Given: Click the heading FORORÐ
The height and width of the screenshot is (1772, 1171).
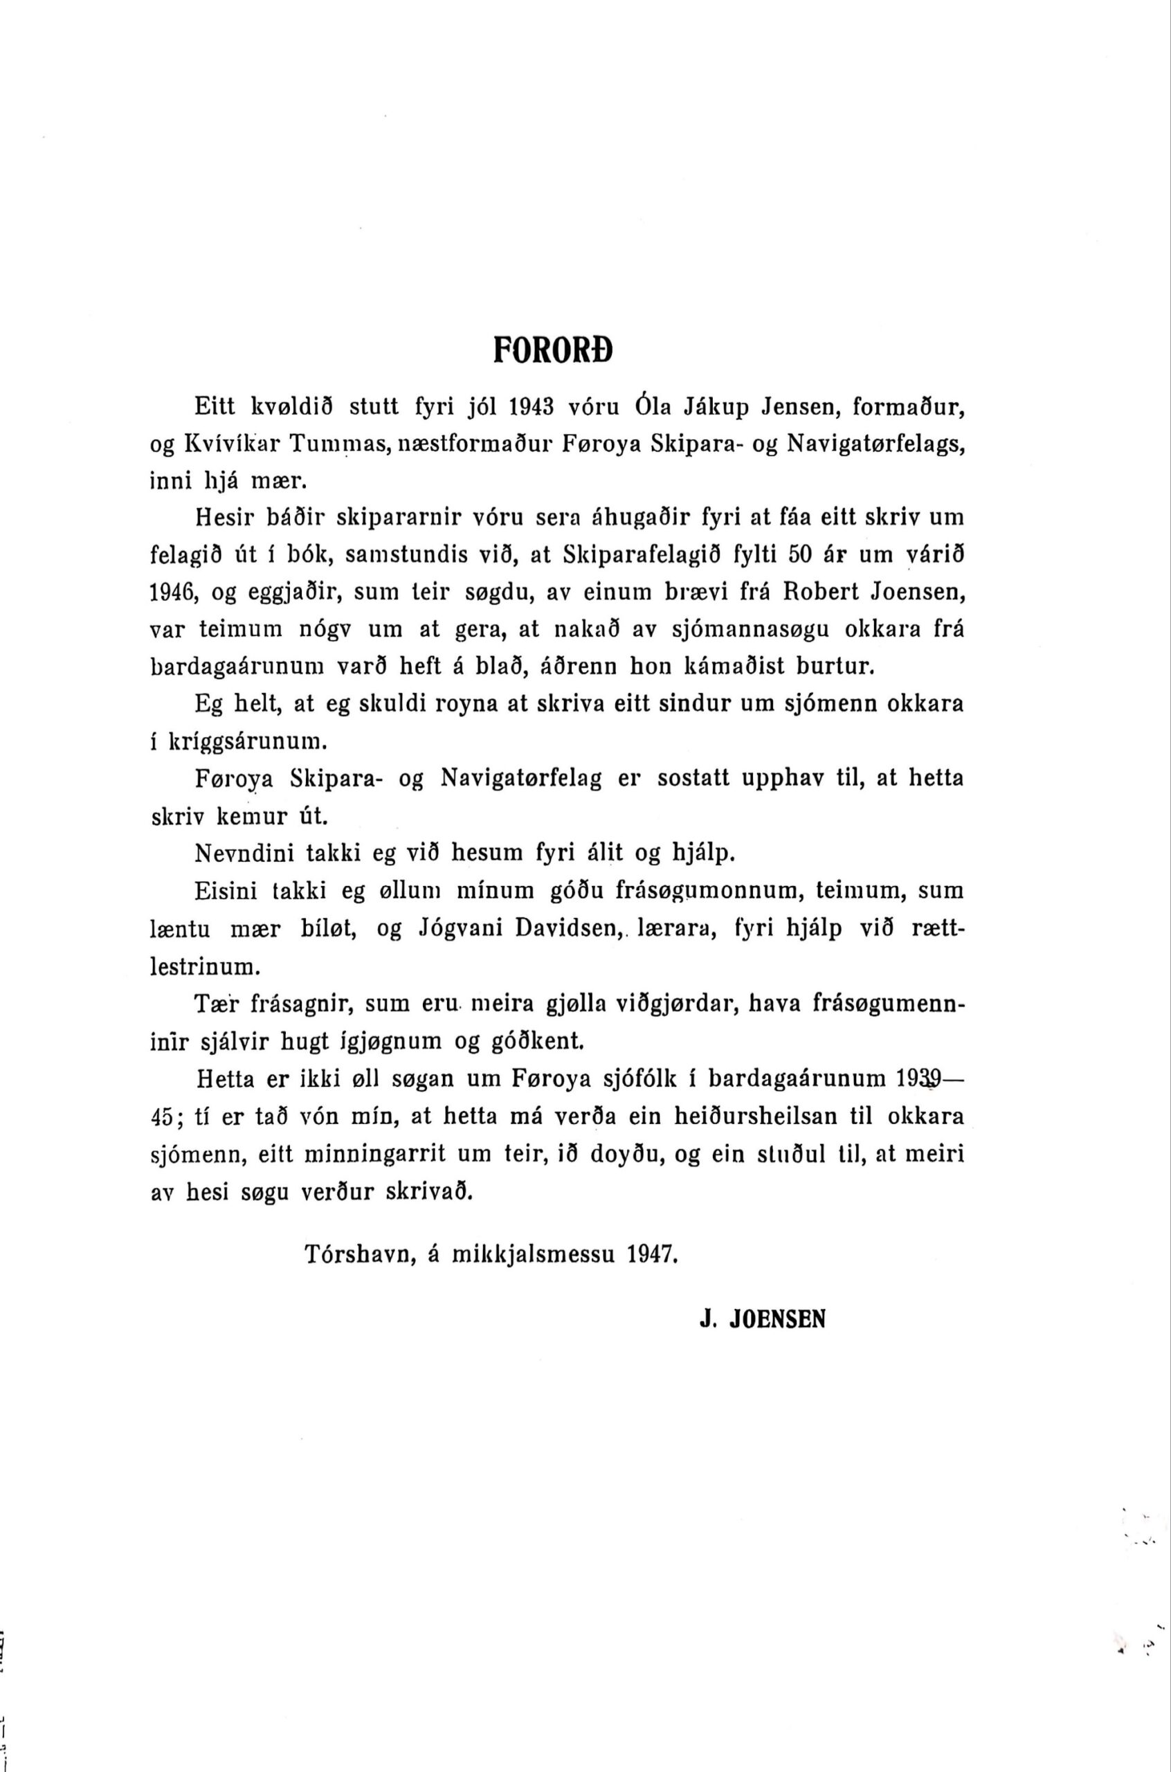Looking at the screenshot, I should point(553,349).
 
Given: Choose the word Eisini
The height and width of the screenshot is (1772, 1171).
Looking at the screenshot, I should point(224,891).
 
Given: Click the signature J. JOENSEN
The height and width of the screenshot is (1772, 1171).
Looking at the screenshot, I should point(762,1319).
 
